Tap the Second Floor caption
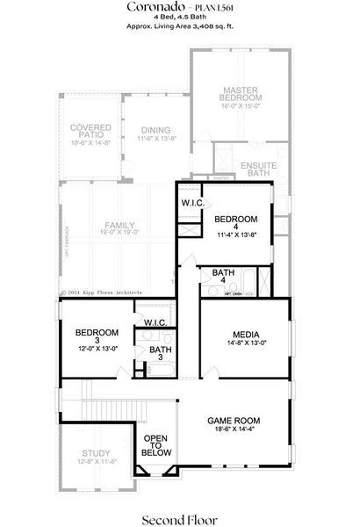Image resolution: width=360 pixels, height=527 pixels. point(178,507)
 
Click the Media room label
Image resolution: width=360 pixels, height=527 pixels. point(244,334)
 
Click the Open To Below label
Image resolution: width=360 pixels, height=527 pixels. point(156,444)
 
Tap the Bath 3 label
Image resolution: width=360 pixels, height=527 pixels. point(161,353)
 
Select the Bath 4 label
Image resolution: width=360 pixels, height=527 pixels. point(224,278)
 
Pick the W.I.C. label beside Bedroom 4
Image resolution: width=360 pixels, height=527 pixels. point(193,204)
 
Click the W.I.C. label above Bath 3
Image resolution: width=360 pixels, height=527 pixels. point(155,322)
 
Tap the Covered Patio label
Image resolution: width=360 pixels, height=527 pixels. point(90,133)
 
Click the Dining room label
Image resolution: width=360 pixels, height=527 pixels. point(155,131)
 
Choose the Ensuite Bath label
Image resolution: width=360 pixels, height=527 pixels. point(259,169)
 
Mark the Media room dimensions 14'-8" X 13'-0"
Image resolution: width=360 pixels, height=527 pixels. point(244,343)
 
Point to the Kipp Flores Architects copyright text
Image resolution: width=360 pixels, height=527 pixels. point(101,292)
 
